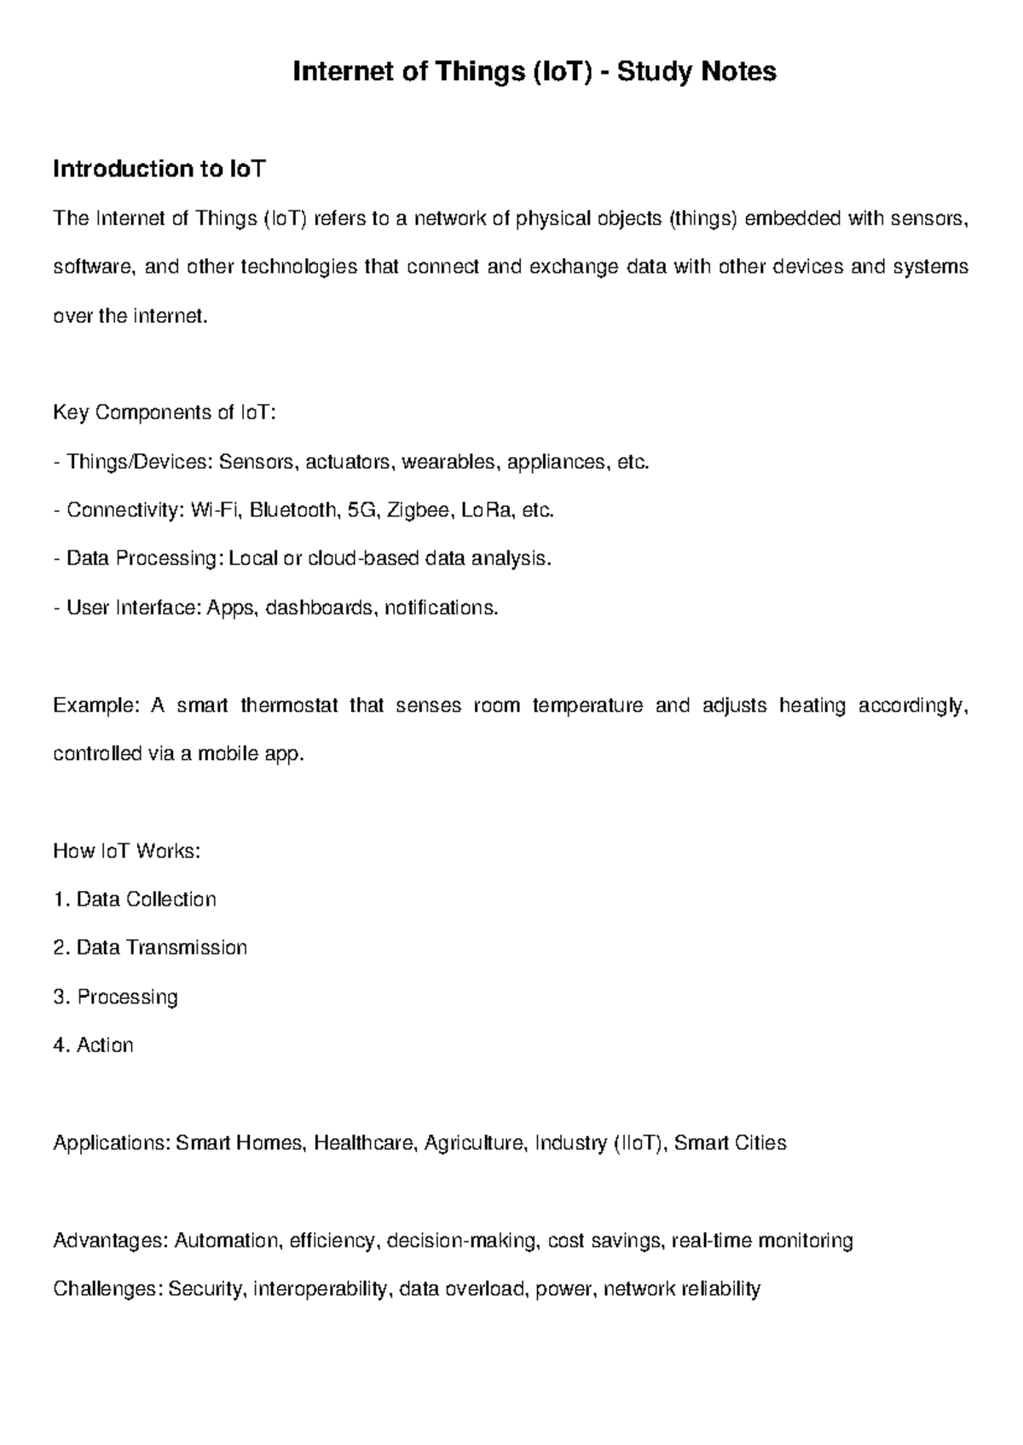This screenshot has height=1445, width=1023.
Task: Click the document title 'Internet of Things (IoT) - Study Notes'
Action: (x=535, y=72)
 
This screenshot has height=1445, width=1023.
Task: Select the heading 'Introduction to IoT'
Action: (x=159, y=170)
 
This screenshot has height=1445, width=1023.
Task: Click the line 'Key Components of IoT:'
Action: (x=165, y=413)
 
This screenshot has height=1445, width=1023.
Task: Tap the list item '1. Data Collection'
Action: (x=135, y=900)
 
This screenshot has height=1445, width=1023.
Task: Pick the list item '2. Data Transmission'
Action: (x=150, y=948)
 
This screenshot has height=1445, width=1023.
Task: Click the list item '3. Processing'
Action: (x=115, y=997)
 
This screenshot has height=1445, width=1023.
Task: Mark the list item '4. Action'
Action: (x=93, y=1045)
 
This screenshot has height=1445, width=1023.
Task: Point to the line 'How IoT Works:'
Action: (x=127, y=851)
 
